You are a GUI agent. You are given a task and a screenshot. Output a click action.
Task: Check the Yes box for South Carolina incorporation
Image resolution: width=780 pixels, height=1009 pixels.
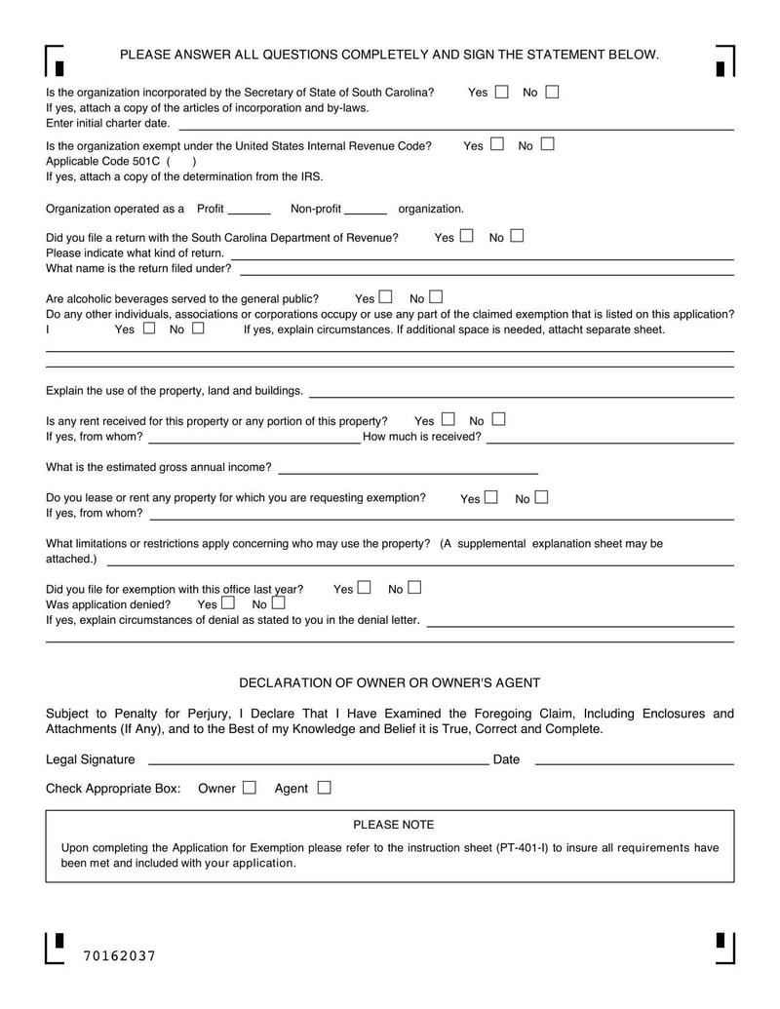[x=502, y=93]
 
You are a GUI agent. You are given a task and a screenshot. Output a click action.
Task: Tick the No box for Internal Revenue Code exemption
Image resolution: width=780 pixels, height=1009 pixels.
[x=547, y=145]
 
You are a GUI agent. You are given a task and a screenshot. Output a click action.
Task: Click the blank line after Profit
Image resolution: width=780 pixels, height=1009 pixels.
[x=252, y=210]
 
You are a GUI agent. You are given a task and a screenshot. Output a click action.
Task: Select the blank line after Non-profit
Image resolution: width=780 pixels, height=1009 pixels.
[x=366, y=210]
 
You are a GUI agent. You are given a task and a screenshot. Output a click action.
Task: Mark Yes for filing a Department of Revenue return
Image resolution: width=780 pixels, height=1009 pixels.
[x=467, y=236]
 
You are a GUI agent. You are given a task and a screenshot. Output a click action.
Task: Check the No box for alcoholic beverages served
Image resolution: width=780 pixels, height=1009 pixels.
[x=436, y=297]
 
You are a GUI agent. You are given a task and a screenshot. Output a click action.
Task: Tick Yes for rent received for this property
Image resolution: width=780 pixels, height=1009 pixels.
[x=448, y=420]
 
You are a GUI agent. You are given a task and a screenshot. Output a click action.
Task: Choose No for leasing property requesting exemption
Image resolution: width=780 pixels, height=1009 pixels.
[x=541, y=498]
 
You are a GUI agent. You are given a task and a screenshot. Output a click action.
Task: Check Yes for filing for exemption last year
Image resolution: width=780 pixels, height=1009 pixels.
[x=365, y=588]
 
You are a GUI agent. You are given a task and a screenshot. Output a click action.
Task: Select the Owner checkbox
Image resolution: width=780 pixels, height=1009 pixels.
[x=250, y=788]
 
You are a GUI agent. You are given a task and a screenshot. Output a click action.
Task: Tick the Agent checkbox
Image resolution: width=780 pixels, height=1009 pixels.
[x=324, y=788]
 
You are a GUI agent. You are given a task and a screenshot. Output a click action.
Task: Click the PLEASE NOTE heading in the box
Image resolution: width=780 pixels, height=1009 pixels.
[x=393, y=825]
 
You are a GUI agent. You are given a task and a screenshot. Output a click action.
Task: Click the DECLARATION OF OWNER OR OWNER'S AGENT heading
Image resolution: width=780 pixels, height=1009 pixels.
[x=390, y=683]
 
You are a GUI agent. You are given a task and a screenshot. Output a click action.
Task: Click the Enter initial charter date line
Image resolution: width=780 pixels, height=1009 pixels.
[x=454, y=125]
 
